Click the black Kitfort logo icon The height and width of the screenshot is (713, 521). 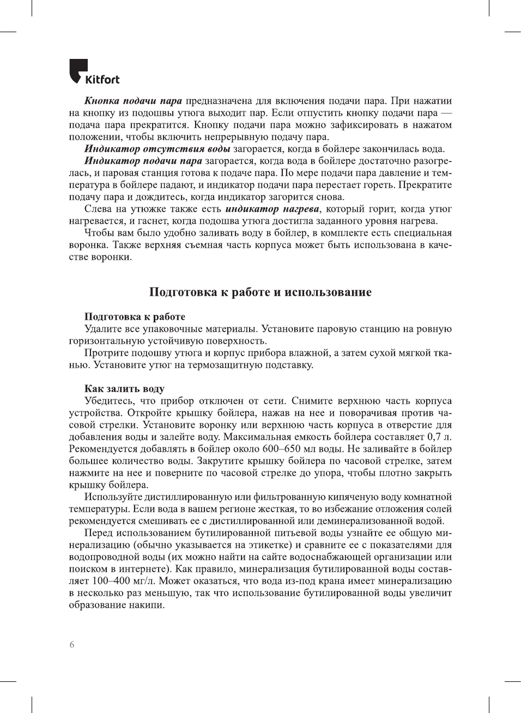click(78, 69)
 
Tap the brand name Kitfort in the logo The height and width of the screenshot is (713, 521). click(102, 80)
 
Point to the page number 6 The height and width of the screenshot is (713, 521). click(72, 644)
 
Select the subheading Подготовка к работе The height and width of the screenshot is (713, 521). click(135, 317)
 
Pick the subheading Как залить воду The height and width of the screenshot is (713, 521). click(124, 389)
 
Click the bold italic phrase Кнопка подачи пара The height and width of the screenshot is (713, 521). click(133, 101)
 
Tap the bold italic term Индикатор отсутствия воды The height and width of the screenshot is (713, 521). click(157, 149)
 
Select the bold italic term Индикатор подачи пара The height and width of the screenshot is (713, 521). click(143, 161)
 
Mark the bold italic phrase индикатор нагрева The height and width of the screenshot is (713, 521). click(272, 209)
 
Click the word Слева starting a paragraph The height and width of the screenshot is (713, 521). click(99, 209)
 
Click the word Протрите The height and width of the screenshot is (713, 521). click(105, 353)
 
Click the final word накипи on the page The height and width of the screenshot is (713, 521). click(146, 605)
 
